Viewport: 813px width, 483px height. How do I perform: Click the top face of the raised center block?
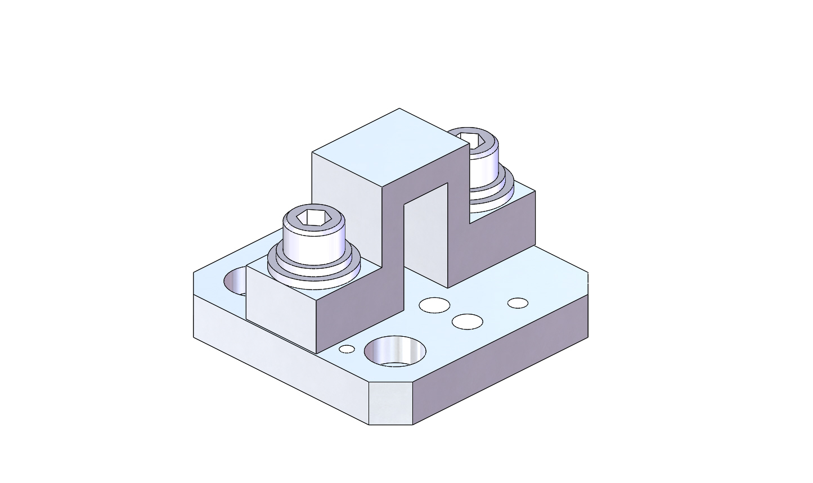pyautogui.click(x=391, y=146)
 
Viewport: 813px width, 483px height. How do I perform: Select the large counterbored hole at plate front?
pyautogui.click(x=395, y=351)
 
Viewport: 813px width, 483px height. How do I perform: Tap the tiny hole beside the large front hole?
pyautogui.click(x=347, y=349)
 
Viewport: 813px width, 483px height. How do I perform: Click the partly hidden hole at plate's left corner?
pyautogui.click(x=236, y=281)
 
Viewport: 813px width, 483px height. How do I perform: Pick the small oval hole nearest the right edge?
pyautogui.click(x=518, y=303)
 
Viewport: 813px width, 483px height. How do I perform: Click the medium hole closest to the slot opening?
pyautogui.click(x=434, y=305)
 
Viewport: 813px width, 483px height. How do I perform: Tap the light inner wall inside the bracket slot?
pyautogui.click(x=425, y=236)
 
